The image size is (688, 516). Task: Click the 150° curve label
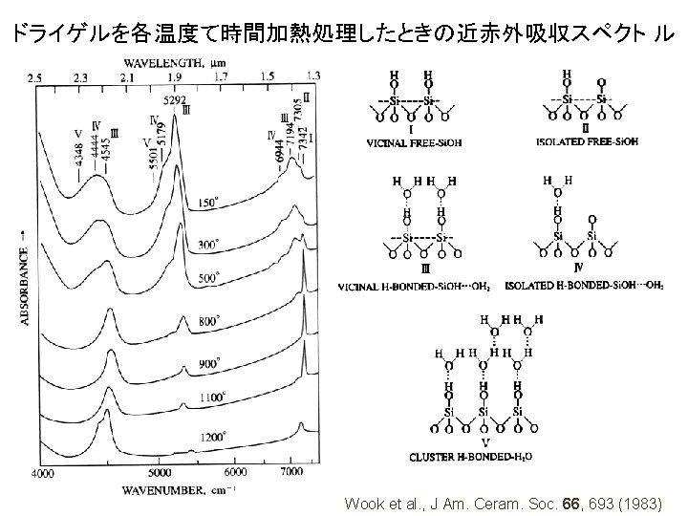pos(208,204)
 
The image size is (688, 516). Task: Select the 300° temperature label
pos(208,245)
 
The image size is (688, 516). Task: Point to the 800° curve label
pos(210,322)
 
